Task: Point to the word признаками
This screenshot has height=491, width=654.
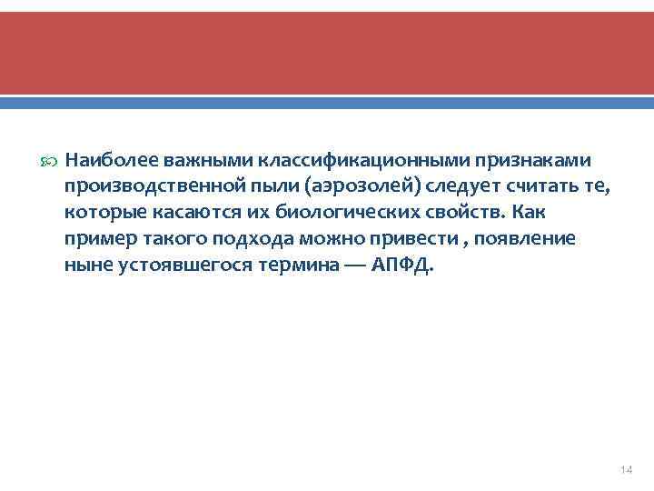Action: coord(530,161)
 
